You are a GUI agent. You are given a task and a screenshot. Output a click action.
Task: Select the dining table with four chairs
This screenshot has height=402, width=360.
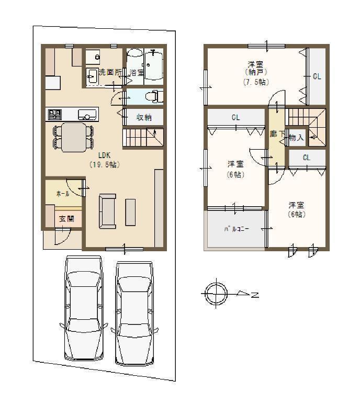point(73,137)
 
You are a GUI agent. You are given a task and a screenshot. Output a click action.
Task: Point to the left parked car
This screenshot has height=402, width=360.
point(83,309)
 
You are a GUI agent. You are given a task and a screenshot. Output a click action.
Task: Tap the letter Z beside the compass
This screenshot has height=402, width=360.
point(255,295)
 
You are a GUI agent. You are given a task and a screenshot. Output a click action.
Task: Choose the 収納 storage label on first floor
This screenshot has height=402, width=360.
point(144,117)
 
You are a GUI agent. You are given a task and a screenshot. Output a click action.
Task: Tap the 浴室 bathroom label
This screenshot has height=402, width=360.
point(137,72)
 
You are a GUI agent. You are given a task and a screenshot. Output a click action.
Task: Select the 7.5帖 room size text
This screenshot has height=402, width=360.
point(255,82)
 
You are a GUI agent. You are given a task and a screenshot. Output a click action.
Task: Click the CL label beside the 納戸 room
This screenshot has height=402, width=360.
point(317,76)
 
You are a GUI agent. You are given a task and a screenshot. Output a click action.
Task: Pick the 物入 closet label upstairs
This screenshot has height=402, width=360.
point(296,138)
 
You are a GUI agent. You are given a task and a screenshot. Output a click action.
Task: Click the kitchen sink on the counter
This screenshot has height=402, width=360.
point(87,114)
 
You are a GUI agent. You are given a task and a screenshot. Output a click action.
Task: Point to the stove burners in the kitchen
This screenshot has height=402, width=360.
point(54,114)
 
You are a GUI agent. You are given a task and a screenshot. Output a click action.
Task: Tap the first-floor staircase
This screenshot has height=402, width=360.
point(143,138)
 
